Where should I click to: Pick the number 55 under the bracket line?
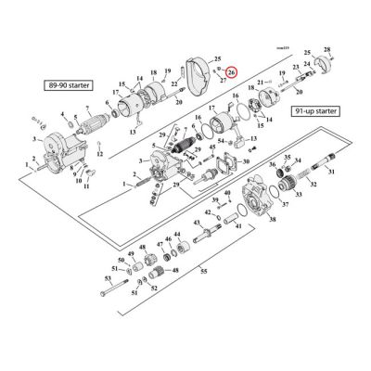pyautogui.click(x=204, y=272)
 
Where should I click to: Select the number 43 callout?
pyautogui.click(x=197, y=224)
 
